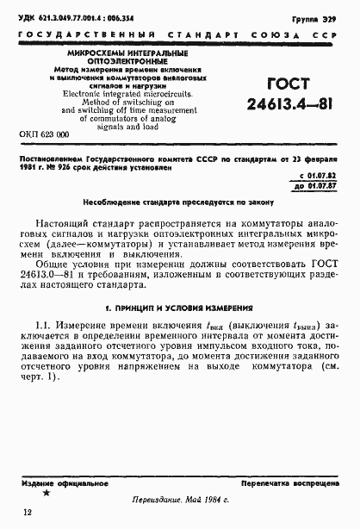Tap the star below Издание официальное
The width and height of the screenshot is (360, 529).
47,494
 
